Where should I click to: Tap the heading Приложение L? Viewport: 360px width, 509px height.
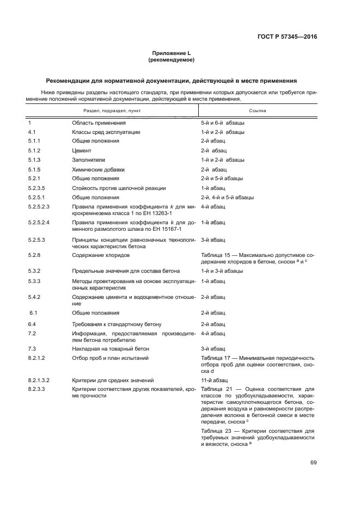coord(171,53)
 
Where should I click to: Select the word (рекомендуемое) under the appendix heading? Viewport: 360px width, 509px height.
coord(171,60)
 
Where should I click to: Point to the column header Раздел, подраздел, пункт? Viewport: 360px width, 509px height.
coord(104,110)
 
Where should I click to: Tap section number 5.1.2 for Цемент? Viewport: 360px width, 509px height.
coord(35,150)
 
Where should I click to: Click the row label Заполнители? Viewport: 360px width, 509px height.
coord(89,160)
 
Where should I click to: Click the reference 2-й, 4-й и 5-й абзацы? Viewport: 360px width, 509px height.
coord(227,197)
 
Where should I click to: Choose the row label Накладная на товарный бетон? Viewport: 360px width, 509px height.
coord(111,348)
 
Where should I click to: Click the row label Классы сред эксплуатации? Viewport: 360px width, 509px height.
coord(106,132)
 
